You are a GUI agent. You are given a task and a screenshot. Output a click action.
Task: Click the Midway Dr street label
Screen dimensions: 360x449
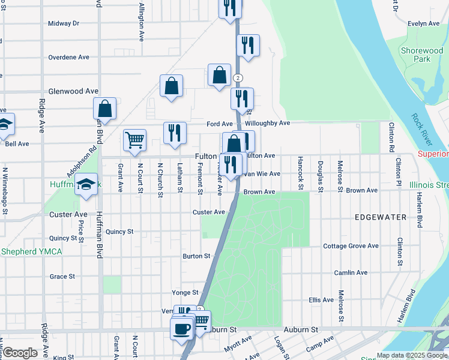(x=64, y=23)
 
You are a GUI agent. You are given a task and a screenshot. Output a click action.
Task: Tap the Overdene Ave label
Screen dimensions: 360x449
(x=68, y=57)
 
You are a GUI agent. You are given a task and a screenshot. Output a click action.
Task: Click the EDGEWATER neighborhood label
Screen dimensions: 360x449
(x=380, y=217)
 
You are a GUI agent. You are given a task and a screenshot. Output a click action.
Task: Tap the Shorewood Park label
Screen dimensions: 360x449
(x=422, y=55)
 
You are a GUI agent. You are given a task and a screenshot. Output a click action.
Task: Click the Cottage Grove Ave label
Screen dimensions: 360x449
(x=351, y=246)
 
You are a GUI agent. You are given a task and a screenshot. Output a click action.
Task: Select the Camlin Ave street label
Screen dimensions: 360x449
(x=351, y=272)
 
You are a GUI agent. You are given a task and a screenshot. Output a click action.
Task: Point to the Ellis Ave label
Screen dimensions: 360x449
(x=321, y=299)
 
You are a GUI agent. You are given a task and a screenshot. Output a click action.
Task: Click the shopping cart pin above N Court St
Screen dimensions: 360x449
(x=134, y=140)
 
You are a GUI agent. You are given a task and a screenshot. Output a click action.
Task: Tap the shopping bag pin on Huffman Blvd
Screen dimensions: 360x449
(x=104, y=109)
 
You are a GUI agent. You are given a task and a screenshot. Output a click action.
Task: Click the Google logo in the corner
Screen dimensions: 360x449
(x=20, y=353)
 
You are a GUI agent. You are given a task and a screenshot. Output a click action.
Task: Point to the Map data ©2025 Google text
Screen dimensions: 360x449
(x=412, y=355)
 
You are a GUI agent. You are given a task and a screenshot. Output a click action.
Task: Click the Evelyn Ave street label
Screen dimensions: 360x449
(x=424, y=23)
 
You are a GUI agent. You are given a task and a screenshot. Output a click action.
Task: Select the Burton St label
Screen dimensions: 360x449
(x=196, y=256)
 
